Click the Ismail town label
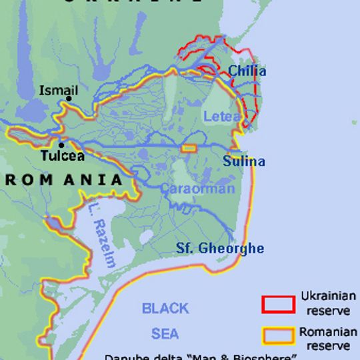59,91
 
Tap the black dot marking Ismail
69,99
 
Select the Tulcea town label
63,156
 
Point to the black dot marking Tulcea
61,145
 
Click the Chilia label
247,71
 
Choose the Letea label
222,117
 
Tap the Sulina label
243,161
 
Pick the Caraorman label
197,189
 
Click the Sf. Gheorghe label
220,249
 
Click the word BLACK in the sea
165,309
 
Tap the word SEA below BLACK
165,333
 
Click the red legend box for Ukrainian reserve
278,304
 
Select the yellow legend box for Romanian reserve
278,335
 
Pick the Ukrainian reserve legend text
327,302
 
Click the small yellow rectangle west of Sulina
189,148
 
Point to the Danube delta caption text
200,357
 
